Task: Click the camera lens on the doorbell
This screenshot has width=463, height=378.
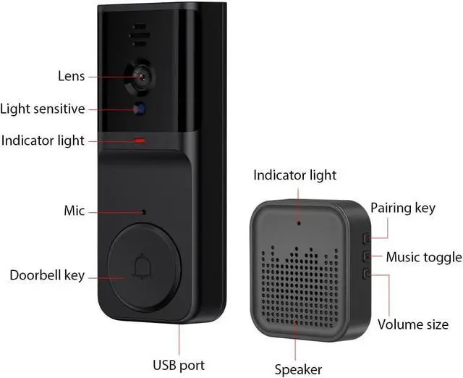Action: click(142, 76)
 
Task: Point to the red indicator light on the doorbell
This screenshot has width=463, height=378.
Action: click(140, 140)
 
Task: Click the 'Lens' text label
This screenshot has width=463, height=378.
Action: click(72, 76)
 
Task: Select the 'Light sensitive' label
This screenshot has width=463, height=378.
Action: click(43, 109)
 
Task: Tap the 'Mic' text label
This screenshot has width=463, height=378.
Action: click(75, 211)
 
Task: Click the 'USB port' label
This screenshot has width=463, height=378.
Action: click(179, 364)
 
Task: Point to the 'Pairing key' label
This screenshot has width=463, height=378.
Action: click(403, 209)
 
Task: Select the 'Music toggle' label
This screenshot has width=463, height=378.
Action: click(423, 257)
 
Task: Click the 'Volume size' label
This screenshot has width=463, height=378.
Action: click(413, 324)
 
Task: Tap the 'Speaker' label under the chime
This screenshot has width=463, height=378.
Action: click(298, 369)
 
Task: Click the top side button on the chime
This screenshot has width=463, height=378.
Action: click(366, 237)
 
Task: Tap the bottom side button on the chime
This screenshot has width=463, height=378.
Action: click(366, 274)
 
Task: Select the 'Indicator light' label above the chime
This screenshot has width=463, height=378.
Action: click(294, 175)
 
